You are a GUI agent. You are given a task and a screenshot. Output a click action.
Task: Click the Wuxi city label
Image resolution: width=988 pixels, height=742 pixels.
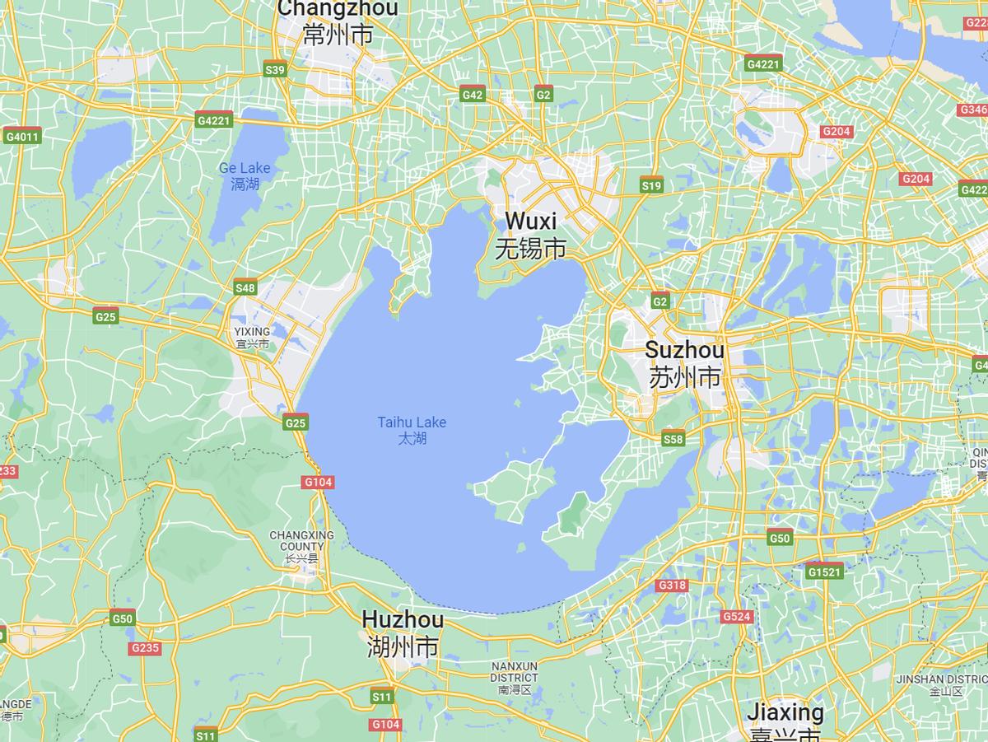click(x=531, y=234)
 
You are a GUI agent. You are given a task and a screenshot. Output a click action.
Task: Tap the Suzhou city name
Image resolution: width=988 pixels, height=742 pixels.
click(x=684, y=363)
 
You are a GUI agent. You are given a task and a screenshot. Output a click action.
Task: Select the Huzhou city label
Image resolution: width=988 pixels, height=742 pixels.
click(x=403, y=632)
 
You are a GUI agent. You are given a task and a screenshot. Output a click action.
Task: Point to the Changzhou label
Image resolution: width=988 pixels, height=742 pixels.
click(x=338, y=21)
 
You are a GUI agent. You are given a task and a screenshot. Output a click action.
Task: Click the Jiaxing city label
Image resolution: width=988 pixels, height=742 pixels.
click(x=785, y=721)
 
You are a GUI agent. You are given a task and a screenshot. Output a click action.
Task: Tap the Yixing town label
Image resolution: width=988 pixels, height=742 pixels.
click(x=252, y=338)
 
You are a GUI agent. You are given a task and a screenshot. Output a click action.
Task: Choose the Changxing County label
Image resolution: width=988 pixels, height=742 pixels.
click(x=301, y=546)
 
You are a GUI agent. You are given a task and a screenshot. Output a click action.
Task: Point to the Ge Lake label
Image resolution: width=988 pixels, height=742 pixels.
click(x=245, y=175)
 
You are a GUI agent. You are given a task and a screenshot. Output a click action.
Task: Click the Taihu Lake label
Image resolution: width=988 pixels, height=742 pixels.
click(x=412, y=430)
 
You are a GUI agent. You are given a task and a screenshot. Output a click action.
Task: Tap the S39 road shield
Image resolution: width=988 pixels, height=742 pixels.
click(x=275, y=70)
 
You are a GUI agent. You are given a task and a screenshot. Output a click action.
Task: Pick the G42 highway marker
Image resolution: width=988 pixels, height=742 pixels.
click(x=473, y=95)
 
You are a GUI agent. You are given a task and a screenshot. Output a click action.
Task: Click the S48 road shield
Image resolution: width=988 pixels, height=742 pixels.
click(x=245, y=287)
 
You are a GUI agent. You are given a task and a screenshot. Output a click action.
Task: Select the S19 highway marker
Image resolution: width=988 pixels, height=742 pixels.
click(x=651, y=186)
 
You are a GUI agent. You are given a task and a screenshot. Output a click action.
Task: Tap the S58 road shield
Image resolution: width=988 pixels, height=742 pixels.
click(x=673, y=439)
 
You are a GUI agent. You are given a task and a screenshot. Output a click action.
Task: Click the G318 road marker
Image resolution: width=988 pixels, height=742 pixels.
click(x=672, y=586)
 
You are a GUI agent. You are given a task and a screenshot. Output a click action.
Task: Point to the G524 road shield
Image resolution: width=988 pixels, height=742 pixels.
click(x=735, y=616)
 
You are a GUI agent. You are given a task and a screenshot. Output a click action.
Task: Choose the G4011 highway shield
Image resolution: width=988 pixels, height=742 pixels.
click(x=21, y=137)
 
